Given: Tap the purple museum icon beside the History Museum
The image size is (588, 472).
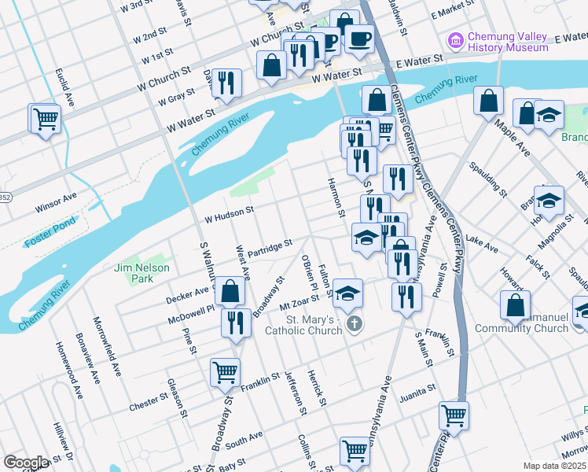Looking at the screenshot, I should coord(454,39).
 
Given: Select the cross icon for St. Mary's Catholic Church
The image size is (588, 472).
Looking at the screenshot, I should coord(355,324).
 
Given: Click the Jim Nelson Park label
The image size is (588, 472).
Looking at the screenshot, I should coord(131,273).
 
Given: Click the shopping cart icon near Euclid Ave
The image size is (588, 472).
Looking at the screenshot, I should coord(46,120).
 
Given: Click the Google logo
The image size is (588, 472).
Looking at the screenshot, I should coord(26,462).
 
